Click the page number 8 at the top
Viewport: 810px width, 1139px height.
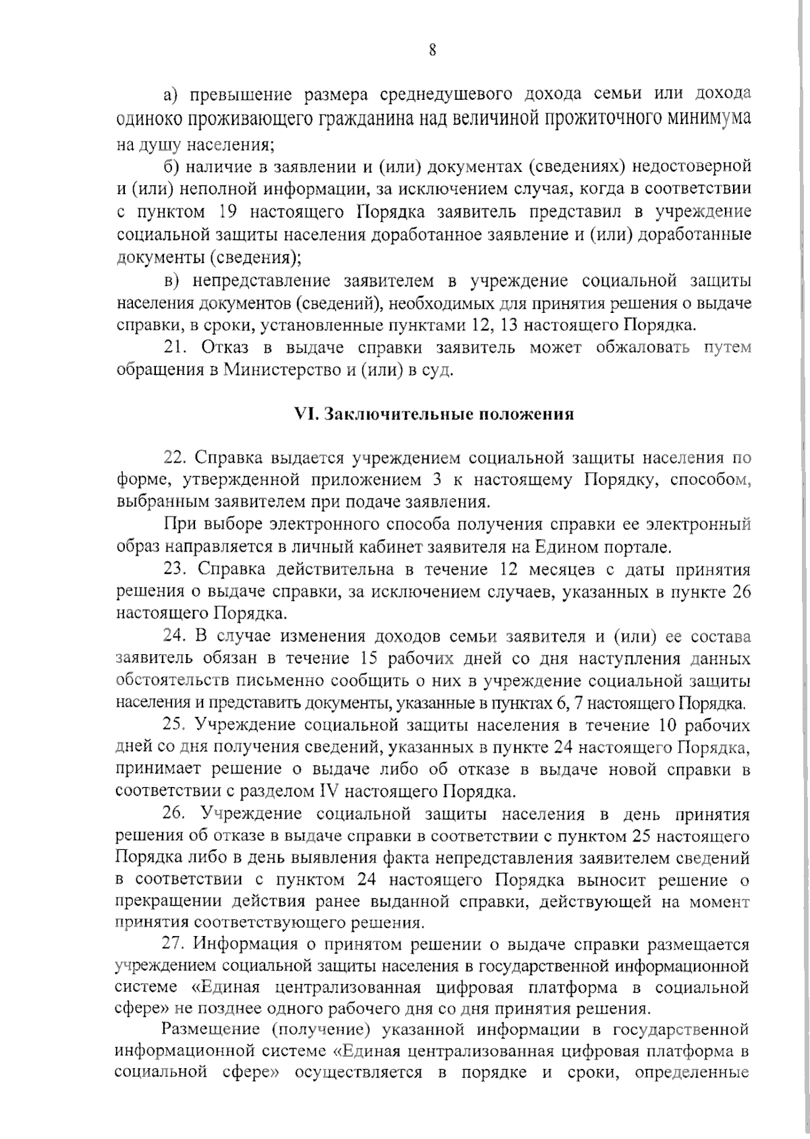click(432, 51)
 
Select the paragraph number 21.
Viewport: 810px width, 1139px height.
click(177, 348)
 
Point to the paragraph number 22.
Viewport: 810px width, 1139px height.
click(176, 458)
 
